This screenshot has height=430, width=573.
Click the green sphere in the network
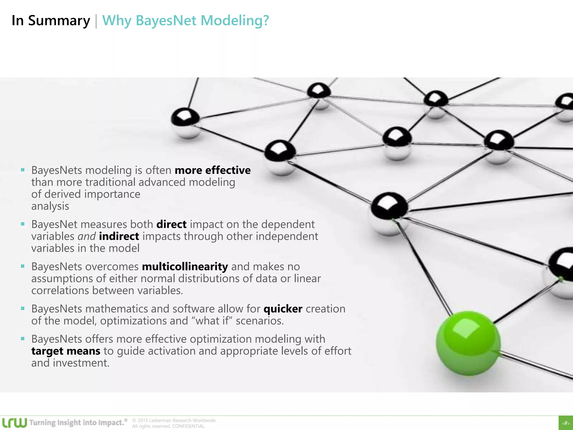click(468, 343)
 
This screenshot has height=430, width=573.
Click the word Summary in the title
click(59, 21)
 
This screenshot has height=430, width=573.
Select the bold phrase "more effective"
click(213, 170)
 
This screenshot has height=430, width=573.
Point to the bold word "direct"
click(171, 224)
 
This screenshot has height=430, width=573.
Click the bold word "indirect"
click(119, 236)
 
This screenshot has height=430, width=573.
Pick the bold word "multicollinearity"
click(185, 267)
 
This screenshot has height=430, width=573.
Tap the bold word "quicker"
click(283, 309)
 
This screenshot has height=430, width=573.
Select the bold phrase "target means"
click(66, 351)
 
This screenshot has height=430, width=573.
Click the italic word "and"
click(87, 236)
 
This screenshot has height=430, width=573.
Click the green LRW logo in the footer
click(15, 422)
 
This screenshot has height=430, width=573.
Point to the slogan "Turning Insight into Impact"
click(77, 422)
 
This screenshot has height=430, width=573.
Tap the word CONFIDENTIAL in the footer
click(189, 426)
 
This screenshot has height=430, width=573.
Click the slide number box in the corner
click(566, 423)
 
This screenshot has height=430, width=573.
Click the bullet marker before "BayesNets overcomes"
click(23, 266)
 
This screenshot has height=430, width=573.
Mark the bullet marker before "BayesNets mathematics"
click(23, 309)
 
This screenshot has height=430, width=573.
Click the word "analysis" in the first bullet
click(50, 206)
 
